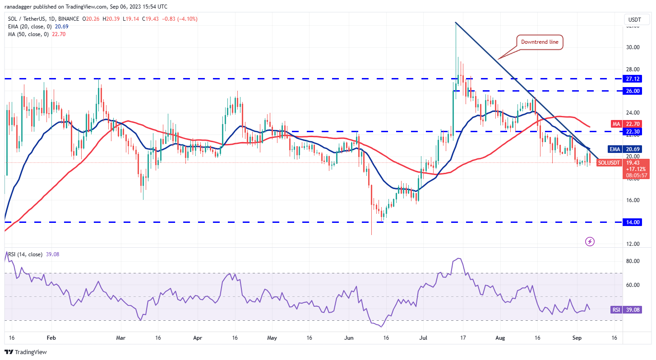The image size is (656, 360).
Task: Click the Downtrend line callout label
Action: (540, 42)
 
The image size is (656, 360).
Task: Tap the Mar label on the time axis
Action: (120, 337)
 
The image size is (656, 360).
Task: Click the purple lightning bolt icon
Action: (590, 241)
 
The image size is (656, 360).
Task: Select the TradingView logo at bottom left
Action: (26, 352)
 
